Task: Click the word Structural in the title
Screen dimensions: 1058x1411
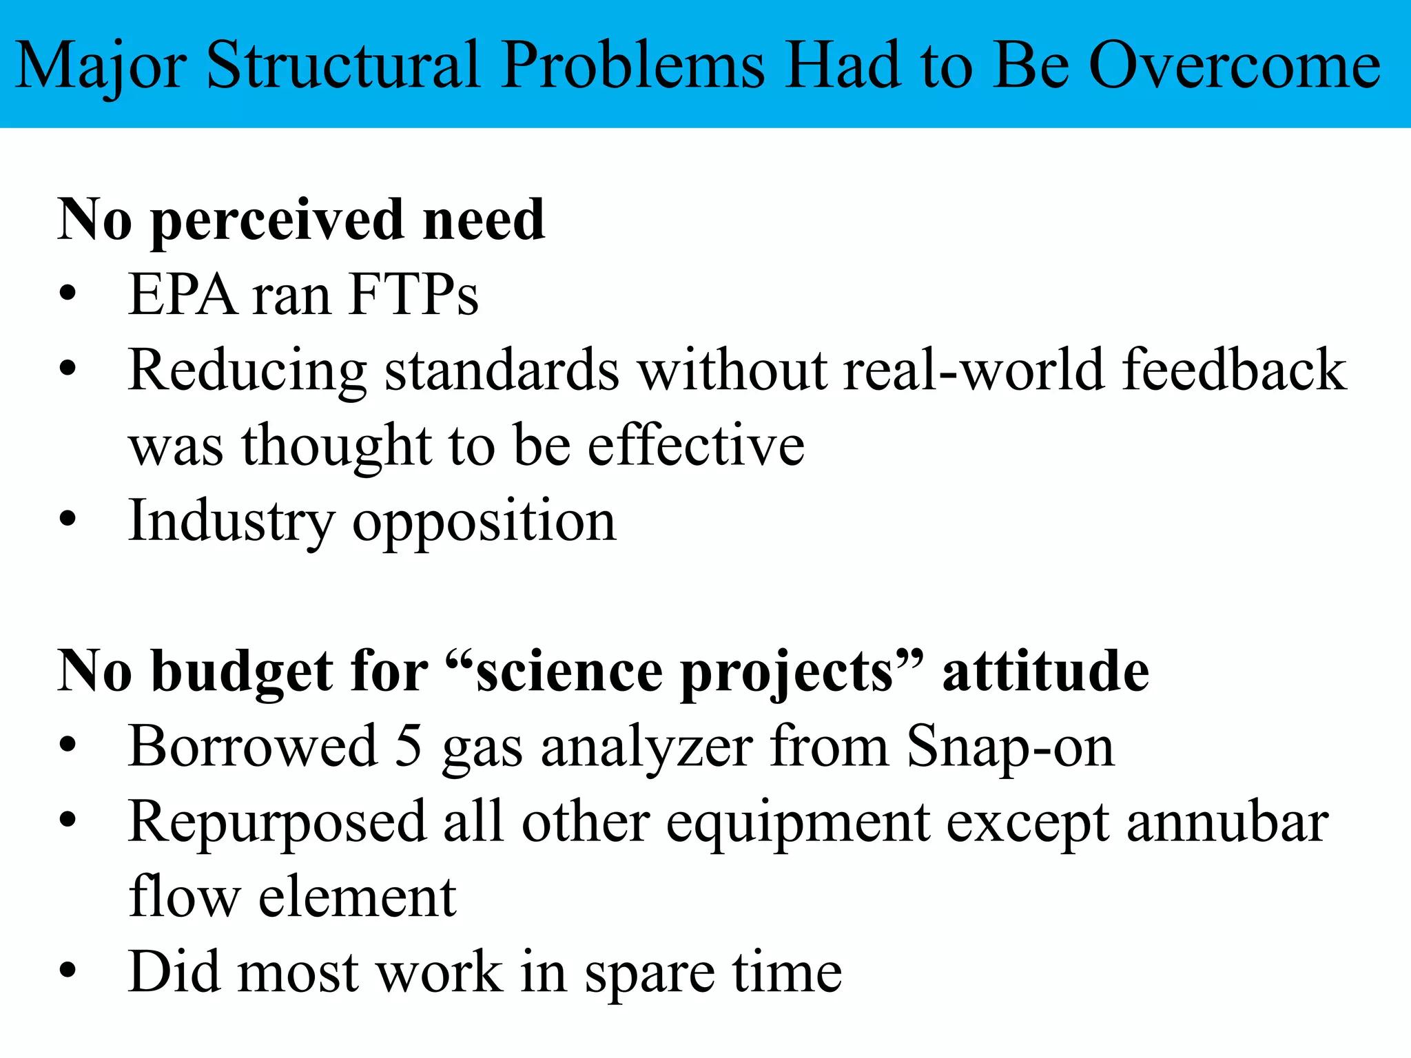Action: pyautogui.click(x=342, y=65)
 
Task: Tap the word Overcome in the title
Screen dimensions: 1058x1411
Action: pyautogui.click(x=1235, y=65)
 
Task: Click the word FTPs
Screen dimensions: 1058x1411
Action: pyautogui.click(x=413, y=295)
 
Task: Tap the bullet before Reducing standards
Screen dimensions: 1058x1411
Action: pyautogui.click(x=67, y=370)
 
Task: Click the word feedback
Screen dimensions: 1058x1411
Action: pyautogui.click(x=1234, y=370)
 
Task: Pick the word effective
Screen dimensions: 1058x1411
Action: pyautogui.click(x=696, y=445)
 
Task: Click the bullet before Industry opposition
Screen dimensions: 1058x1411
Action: pyautogui.click(x=67, y=520)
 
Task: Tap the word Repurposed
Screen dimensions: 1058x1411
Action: pyautogui.click(x=277, y=823)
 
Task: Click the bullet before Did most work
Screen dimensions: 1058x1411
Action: pyautogui.click(x=67, y=971)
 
